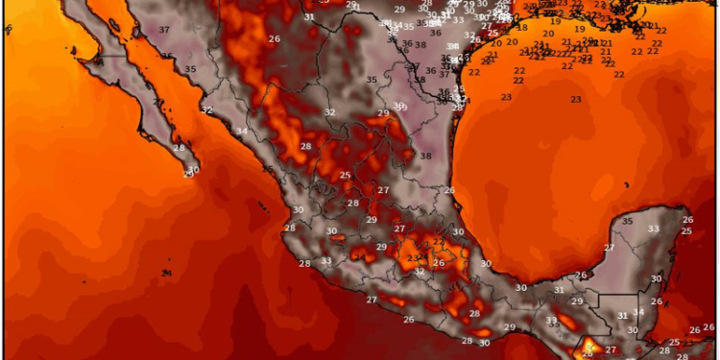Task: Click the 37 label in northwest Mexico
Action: [164, 30]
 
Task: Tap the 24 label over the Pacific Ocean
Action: [166, 274]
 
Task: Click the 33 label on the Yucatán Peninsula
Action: [653, 228]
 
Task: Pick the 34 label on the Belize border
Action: [638, 312]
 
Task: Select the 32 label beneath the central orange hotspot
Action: [419, 273]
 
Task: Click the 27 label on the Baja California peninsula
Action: [157, 101]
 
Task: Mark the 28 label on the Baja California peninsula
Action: [179, 148]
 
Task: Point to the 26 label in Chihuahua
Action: [274, 38]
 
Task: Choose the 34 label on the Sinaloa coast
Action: [241, 132]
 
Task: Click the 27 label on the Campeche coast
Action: [609, 248]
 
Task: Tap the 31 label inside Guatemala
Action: [622, 315]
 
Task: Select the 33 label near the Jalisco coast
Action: [326, 261]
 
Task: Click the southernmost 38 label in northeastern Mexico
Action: [425, 156]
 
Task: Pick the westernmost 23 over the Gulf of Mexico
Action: [506, 97]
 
